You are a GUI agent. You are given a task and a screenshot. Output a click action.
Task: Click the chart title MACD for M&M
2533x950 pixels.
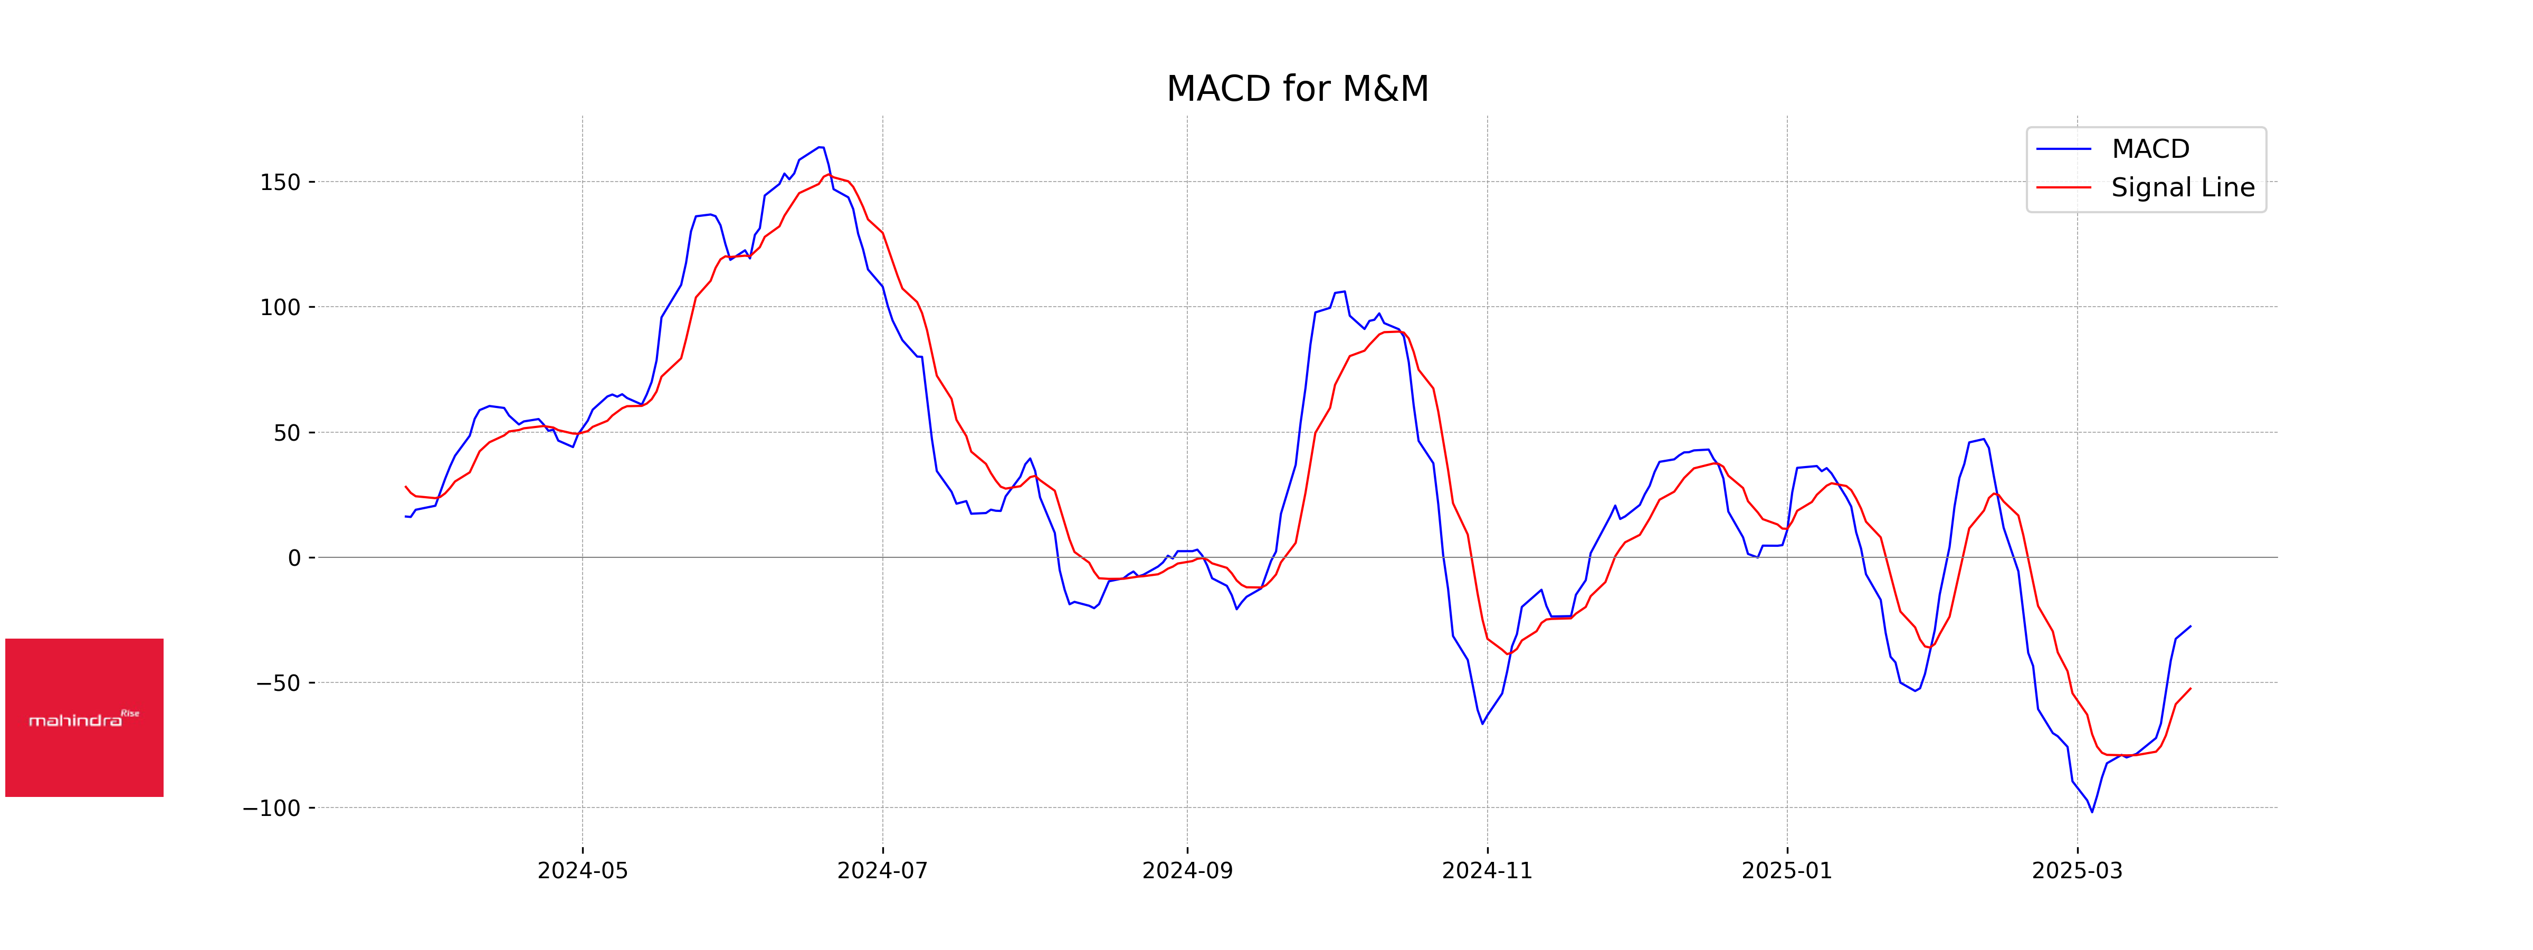click(1297, 89)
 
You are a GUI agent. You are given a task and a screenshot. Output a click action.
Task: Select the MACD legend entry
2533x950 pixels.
click(2149, 149)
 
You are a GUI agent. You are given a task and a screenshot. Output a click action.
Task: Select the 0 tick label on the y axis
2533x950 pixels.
click(294, 558)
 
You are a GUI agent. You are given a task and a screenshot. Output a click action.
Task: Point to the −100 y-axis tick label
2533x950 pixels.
click(271, 809)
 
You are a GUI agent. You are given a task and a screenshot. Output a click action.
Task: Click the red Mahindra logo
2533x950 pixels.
click(84, 718)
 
